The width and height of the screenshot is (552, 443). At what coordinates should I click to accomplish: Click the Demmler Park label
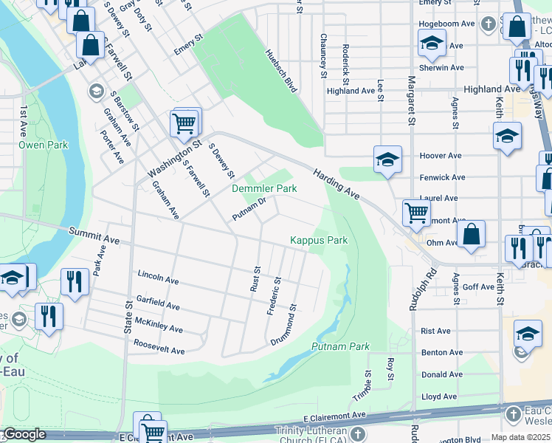click(264, 189)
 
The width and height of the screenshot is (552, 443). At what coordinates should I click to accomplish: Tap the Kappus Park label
click(318, 240)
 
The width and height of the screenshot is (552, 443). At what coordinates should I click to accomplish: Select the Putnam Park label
click(339, 346)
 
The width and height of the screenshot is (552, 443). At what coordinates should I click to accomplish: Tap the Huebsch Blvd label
click(280, 71)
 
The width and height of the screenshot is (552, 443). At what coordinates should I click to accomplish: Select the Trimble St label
click(367, 384)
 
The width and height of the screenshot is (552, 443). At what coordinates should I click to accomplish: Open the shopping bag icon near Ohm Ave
click(471, 233)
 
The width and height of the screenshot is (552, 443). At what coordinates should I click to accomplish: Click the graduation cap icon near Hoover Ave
click(387, 159)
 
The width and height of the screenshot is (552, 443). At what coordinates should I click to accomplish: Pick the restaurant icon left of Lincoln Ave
click(75, 281)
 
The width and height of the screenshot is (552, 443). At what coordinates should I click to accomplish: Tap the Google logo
click(24, 435)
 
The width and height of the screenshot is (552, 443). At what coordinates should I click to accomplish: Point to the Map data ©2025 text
click(520, 437)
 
